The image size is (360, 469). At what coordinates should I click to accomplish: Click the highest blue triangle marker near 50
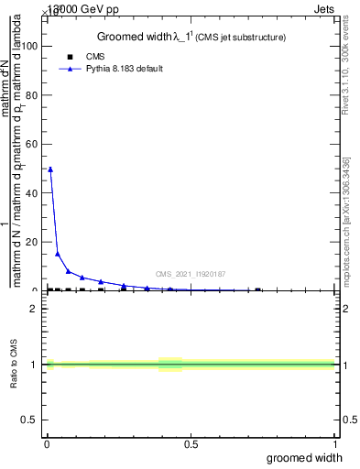click(50, 169)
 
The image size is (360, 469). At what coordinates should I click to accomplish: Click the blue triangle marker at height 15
click(58, 254)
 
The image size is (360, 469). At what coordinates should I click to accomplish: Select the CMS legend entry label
click(95, 56)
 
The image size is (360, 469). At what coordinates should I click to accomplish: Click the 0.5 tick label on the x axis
click(191, 444)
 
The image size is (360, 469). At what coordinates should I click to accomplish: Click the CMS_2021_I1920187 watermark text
click(190, 274)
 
